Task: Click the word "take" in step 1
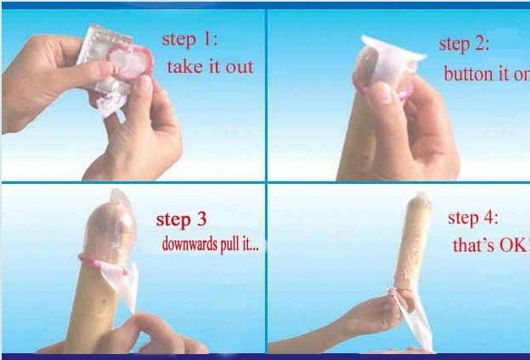pyautogui.click(x=185, y=67)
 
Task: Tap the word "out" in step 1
pyautogui.click(x=240, y=68)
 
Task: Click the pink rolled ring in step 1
pyautogui.click(x=130, y=62)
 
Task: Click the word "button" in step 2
pyautogui.click(x=470, y=74)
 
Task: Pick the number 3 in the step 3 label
pyautogui.click(x=202, y=219)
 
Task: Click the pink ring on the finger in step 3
pyautogui.click(x=103, y=263)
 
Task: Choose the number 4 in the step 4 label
pyautogui.click(x=489, y=218)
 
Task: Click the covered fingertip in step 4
pyautogui.click(x=419, y=206)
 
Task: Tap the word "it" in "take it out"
pyautogui.click(x=215, y=67)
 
